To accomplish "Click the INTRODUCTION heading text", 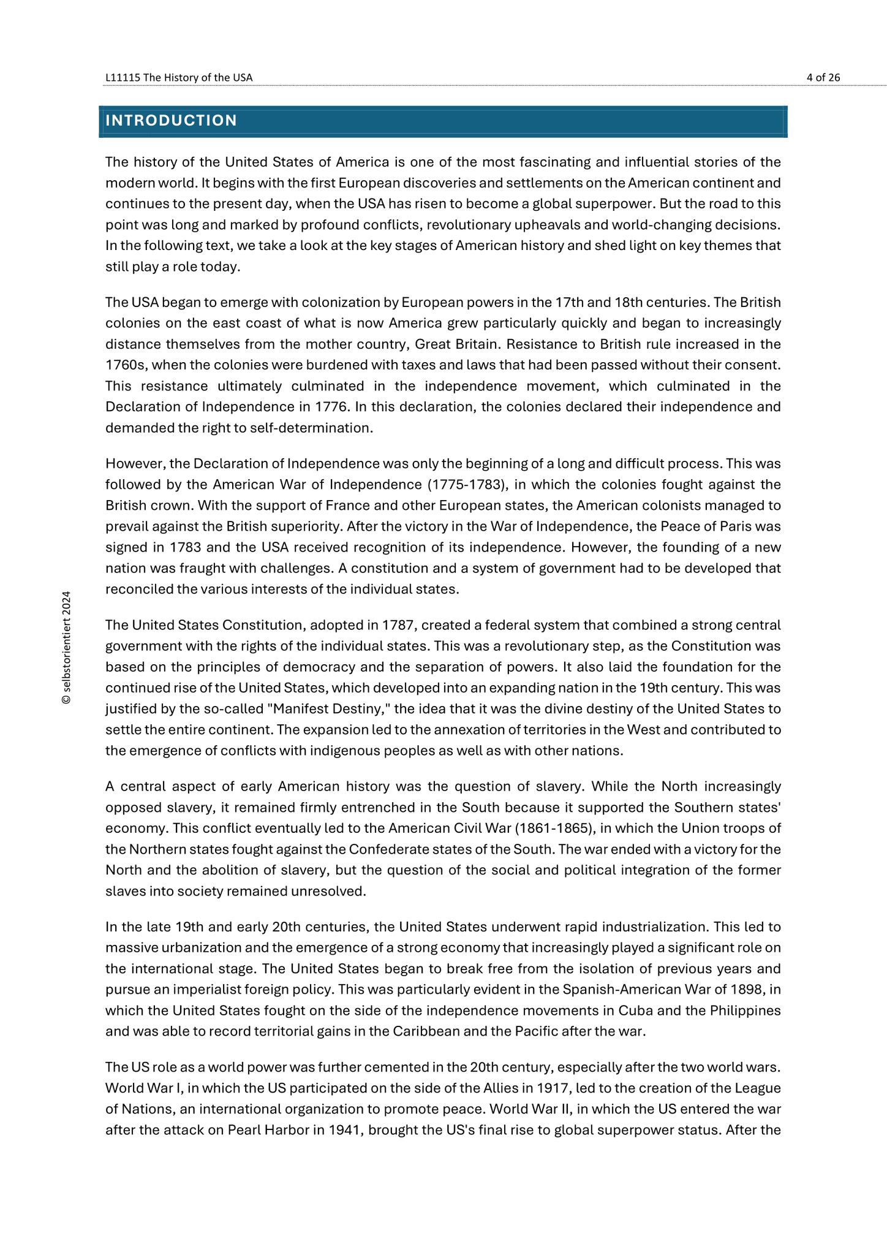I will tap(171, 121).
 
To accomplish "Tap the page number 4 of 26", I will tap(823, 77).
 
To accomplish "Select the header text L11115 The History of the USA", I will tap(179, 77).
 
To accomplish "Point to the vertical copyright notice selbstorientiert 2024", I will tap(67, 647).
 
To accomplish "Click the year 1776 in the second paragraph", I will tap(331, 407).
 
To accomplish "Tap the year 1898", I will tap(750, 990).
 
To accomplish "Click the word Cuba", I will tap(633, 1010).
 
